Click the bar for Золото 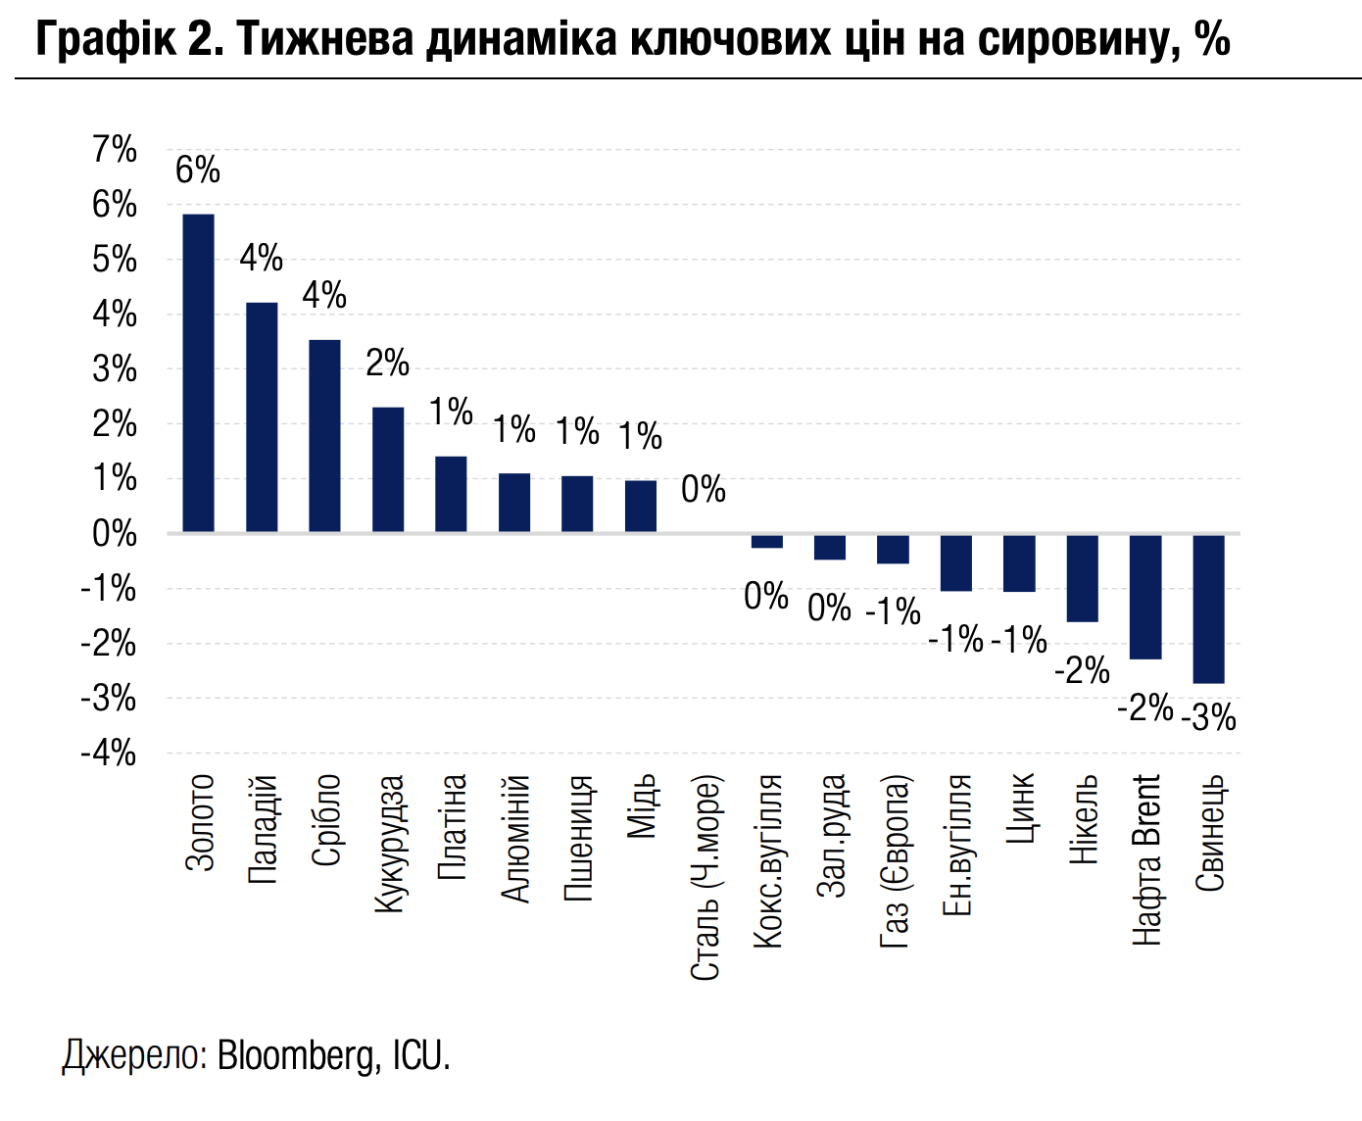pos(198,372)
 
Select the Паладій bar pos(262,416)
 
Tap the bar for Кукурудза pos(388,468)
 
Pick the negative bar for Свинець pos(1208,609)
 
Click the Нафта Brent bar pos(1145,597)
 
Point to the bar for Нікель pos(1082,578)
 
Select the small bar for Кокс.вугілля pos(767,541)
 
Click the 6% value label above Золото pos(198,171)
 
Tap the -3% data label pos(1209,718)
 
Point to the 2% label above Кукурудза pos(388,364)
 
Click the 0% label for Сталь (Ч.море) pos(704,489)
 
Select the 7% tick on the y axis pos(115,150)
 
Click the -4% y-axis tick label pos(110,754)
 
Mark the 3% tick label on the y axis pos(115,369)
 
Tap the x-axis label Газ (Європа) pos(895,862)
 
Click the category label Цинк pos(1020,809)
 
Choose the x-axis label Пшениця pos(578,838)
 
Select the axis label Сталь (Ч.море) pos(705,878)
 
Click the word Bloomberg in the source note pos(297,1055)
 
